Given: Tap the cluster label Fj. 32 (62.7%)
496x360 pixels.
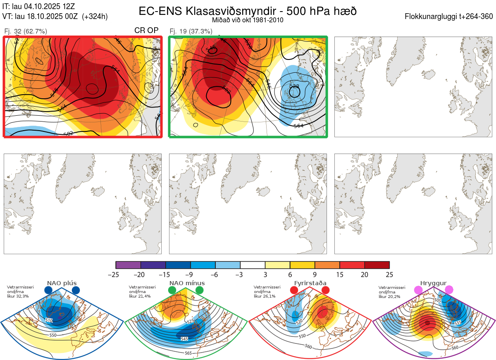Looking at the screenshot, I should (26, 31).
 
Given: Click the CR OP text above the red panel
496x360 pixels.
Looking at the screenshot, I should (146, 31).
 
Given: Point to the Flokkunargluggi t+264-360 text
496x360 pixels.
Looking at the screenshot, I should (450, 17).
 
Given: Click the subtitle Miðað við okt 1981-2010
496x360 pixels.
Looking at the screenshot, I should (247, 20).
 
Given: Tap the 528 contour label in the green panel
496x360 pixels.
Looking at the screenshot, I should (294, 86).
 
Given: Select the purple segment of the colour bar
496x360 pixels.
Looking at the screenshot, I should (128, 265).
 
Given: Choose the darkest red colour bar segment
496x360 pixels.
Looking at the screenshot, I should (377, 265).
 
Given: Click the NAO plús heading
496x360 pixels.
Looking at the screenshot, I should (62, 283).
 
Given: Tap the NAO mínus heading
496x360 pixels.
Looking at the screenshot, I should (187, 283).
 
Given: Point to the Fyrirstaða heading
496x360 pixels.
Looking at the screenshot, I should (310, 283).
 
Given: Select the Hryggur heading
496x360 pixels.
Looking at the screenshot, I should (434, 283).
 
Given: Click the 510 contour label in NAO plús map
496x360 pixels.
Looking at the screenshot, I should (50, 320).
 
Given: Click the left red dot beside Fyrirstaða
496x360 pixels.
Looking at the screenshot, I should (294, 291).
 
